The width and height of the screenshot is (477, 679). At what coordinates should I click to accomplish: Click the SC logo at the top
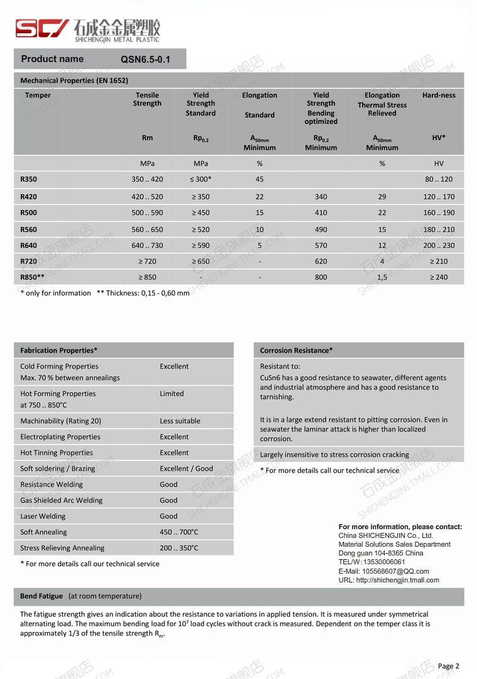click(42, 28)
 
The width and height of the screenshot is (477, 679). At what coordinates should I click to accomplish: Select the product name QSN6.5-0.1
click(145, 60)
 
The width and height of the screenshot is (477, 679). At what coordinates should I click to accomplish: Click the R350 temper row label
click(29, 179)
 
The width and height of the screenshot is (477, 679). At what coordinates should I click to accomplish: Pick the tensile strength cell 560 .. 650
click(147, 229)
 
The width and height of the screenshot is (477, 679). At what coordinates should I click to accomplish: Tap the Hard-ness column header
click(439, 95)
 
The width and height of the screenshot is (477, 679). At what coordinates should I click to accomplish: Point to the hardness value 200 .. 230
click(439, 246)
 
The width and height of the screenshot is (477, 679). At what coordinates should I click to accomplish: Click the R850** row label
click(33, 277)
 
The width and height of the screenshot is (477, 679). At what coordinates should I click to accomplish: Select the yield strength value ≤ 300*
click(201, 179)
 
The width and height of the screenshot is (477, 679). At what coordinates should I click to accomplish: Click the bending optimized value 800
click(321, 277)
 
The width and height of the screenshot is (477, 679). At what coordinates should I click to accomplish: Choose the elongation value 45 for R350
click(259, 179)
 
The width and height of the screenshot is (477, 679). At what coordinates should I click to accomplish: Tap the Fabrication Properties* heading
click(59, 350)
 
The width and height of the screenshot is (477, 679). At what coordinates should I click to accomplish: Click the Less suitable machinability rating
click(180, 421)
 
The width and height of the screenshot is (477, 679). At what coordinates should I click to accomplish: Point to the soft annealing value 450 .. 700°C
click(179, 532)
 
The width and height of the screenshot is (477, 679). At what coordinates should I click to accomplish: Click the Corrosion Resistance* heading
click(296, 350)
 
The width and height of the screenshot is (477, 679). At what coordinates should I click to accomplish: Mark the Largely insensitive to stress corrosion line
click(335, 455)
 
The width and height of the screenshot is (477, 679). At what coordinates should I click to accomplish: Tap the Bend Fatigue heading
click(41, 596)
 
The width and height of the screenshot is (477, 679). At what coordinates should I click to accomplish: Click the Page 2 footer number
click(448, 666)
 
